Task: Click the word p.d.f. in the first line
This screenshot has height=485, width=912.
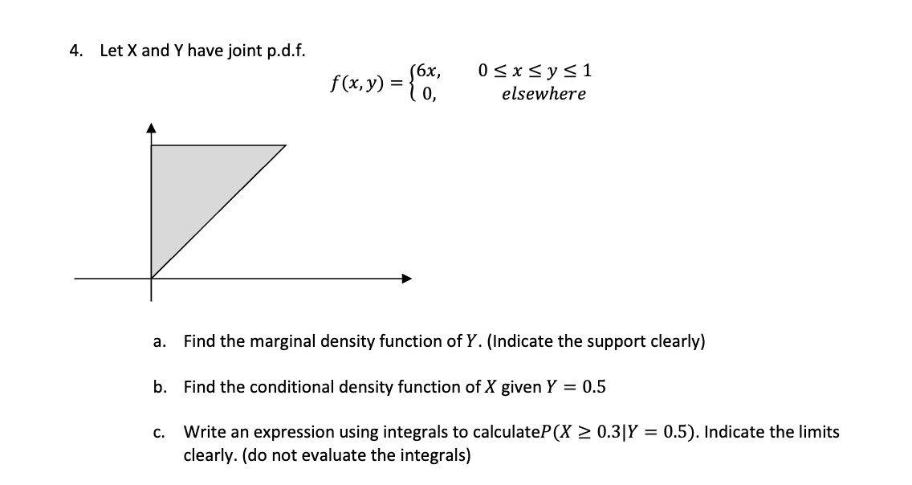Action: coord(282,51)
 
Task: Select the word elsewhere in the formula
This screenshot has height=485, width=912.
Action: coord(544,94)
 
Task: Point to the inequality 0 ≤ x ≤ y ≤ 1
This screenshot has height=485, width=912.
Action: coord(535,70)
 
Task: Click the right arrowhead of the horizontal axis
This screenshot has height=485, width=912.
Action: coord(409,279)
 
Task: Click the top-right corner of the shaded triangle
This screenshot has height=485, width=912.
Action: coord(286,145)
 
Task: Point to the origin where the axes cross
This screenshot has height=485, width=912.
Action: coord(152,279)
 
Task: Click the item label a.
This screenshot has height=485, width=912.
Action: coord(159,342)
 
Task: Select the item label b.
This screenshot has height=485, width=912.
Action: coord(159,387)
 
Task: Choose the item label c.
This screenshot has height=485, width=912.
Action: coord(159,432)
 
